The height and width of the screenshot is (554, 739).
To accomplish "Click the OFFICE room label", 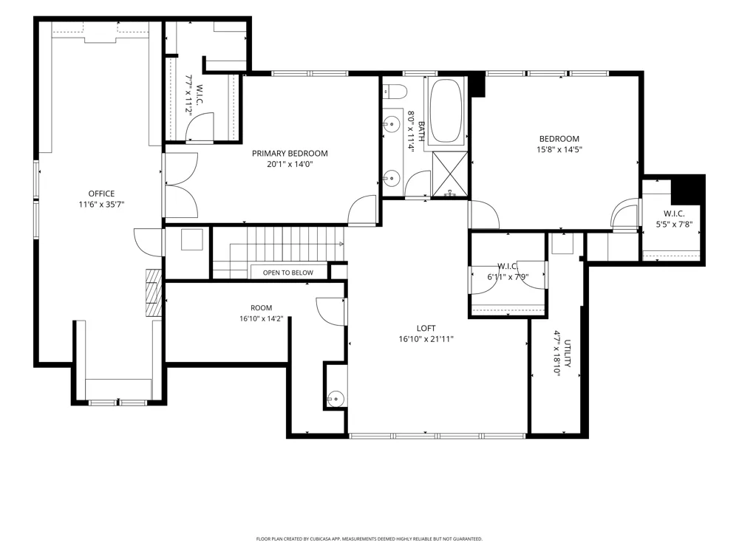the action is (x=101, y=194).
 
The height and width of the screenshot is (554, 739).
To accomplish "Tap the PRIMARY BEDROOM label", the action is (x=290, y=154).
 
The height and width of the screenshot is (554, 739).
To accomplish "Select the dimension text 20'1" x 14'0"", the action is (x=290, y=165).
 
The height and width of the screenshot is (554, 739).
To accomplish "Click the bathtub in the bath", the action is (x=446, y=111).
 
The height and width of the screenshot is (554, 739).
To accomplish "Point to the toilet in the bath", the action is (x=395, y=90).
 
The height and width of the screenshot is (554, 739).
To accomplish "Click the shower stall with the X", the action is (x=450, y=174).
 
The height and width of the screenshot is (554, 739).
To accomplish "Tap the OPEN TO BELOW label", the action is (x=288, y=273).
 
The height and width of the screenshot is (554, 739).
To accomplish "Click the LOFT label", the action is (x=426, y=329).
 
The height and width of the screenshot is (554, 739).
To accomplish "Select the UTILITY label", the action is (x=568, y=353).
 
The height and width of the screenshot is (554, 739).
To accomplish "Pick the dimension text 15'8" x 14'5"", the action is (x=559, y=150).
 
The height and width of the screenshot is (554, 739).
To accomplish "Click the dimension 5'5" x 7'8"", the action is (x=675, y=225).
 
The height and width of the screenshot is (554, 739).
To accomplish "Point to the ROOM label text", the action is (x=261, y=308).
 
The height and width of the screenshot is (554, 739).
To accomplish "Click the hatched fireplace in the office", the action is (x=154, y=293).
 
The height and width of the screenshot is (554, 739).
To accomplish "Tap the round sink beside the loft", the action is (x=336, y=399).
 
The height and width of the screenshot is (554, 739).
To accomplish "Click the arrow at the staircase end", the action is (x=341, y=244).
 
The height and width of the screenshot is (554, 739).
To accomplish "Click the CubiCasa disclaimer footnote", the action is (x=369, y=539).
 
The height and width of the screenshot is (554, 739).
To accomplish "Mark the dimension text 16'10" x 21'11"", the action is (x=426, y=339).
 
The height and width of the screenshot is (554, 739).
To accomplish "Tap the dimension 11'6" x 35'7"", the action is (x=101, y=205).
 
